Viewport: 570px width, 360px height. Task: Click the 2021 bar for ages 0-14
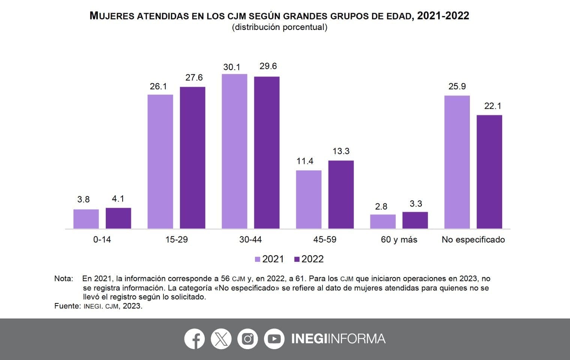pyautogui.click(x=86, y=219)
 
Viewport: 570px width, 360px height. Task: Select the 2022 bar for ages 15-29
pyautogui.click(x=192, y=158)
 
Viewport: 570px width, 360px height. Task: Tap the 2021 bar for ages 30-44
pyautogui.click(x=234, y=151)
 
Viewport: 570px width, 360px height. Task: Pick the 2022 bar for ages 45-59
pyautogui.click(x=341, y=195)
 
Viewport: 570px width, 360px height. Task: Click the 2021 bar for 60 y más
pyautogui.click(x=382, y=222)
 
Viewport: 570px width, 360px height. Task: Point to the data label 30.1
pyautogui.click(x=231, y=67)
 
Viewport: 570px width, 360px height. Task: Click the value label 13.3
pyautogui.click(x=341, y=151)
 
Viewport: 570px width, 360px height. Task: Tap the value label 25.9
pyautogui.click(x=457, y=86)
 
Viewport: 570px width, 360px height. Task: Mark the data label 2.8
pyautogui.click(x=381, y=207)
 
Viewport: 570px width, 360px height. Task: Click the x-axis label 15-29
pyautogui.click(x=176, y=240)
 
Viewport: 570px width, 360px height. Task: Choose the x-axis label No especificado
pyautogui.click(x=473, y=240)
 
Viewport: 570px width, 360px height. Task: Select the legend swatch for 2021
pyautogui.click(x=258, y=259)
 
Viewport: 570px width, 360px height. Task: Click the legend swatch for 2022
pyautogui.click(x=297, y=259)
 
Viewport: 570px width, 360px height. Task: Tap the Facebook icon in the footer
pyautogui.click(x=194, y=339)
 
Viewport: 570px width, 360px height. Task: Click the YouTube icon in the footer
pyautogui.click(x=274, y=339)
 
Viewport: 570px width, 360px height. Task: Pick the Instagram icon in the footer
pyautogui.click(x=247, y=339)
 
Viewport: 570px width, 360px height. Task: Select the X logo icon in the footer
pyautogui.click(x=221, y=339)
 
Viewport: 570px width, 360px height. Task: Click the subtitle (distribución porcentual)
pyautogui.click(x=279, y=27)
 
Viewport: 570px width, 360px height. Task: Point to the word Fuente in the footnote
pyautogui.click(x=67, y=306)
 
